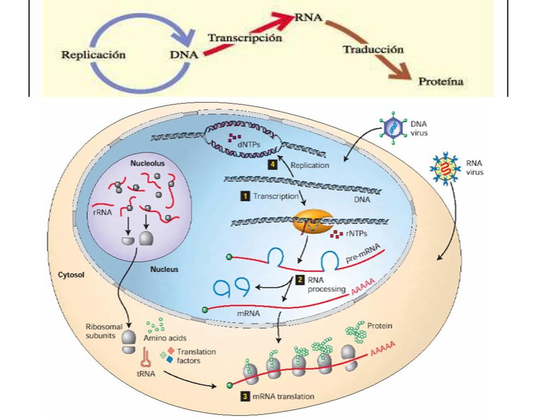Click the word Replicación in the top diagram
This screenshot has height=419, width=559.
click(x=93, y=55)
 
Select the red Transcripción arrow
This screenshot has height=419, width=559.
click(x=247, y=35)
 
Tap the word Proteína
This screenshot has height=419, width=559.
click(x=441, y=82)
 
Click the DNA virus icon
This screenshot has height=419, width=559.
click(x=393, y=128)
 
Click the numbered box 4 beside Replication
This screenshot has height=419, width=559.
click(x=273, y=165)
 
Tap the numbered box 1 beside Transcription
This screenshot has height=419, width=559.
click(x=245, y=196)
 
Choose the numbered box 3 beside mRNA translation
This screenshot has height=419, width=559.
click(x=245, y=396)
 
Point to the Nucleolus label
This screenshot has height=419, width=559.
click(x=147, y=164)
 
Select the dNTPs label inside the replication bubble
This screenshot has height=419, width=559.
click(x=248, y=145)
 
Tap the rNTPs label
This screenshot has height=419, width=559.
click(x=356, y=234)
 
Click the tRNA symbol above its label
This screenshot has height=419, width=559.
click(x=145, y=357)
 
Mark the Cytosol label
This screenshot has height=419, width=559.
click(x=72, y=275)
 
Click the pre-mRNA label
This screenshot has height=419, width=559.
click(x=363, y=254)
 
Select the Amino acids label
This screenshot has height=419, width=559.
click(x=165, y=338)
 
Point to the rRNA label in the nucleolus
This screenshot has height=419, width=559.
click(x=102, y=213)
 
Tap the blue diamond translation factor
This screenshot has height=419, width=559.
click(x=170, y=360)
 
